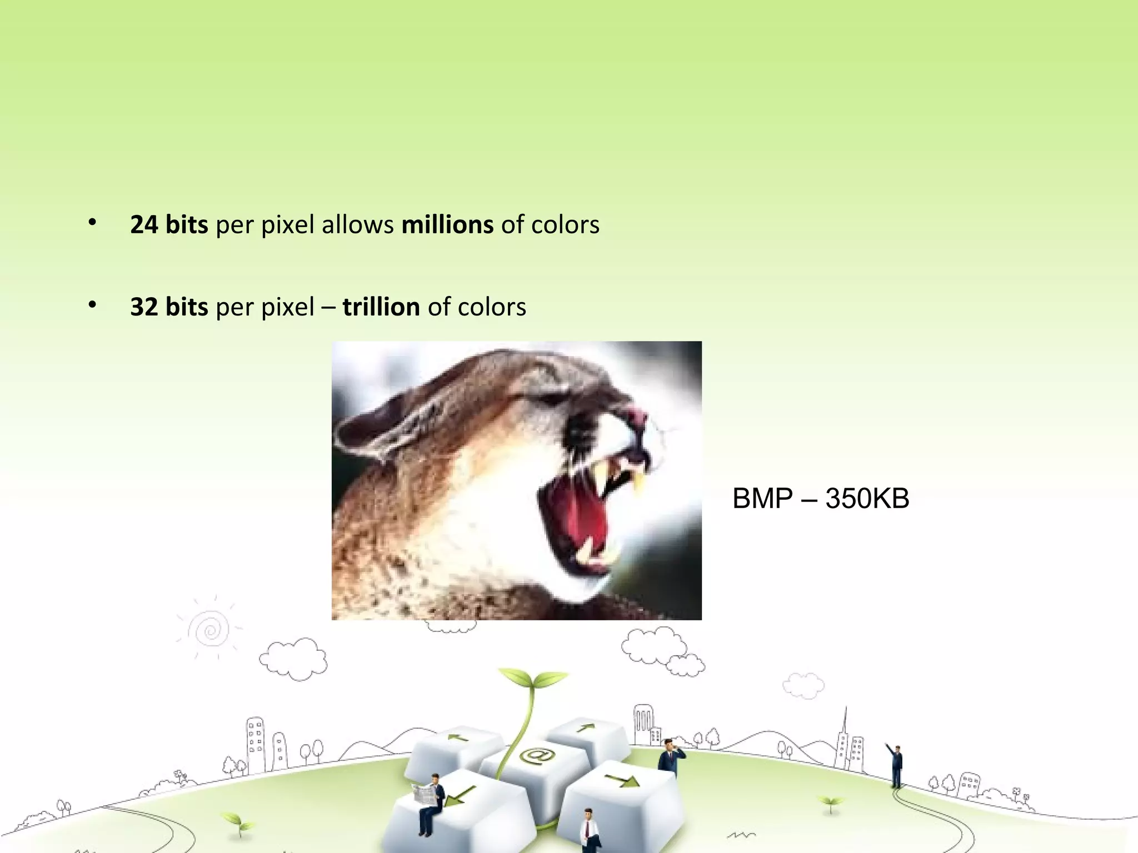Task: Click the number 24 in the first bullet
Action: (144, 225)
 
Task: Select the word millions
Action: (447, 225)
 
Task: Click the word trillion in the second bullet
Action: (381, 307)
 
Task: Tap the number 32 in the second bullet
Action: (144, 307)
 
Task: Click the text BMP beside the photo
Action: (762, 498)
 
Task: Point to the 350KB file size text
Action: (867, 498)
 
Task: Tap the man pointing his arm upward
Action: (896, 765)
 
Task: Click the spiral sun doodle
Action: (209, 630)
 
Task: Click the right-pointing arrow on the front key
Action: (622, 781)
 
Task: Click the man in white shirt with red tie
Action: (588, 831)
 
